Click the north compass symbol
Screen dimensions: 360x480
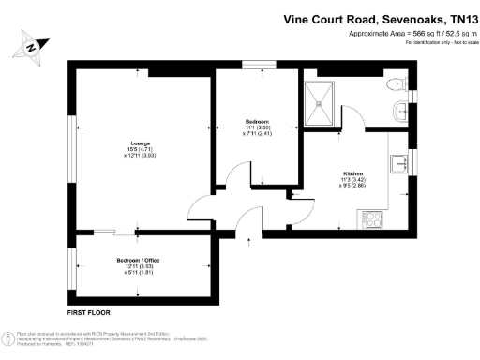pyautogui.click(x=31, y=46)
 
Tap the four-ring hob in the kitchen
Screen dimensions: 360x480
pyautogui.click(x=371, y=220)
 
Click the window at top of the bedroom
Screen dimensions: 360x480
pyautogui.click(x=253, y=65)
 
